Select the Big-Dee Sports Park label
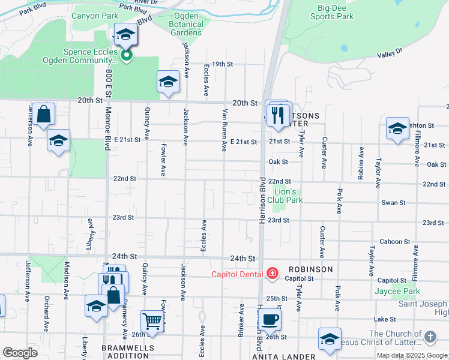pos(335,12)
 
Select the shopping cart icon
pos(153,322)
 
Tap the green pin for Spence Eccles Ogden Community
pos(126,56)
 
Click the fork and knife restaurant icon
pos(277,115)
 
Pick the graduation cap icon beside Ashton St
pos(397,128)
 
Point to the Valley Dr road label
pos(390,55)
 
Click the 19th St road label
pos(221,64)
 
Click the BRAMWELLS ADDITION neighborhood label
pos(128,352)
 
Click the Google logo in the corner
pos(20,353)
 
